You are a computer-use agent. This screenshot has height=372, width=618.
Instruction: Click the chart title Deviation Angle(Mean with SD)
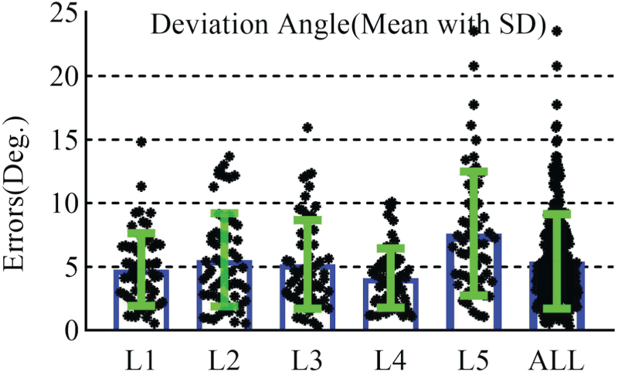coord(348,25)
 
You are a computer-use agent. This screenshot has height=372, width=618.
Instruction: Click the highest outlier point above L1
coord(141,142)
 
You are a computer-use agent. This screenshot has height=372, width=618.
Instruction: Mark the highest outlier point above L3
coord(307,127)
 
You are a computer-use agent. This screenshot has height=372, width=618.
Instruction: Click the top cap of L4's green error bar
coord(391,248)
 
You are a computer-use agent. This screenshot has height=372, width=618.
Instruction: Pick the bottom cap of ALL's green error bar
coord(556,309)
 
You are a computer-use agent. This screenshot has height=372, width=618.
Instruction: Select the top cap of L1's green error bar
coord(141,233)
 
